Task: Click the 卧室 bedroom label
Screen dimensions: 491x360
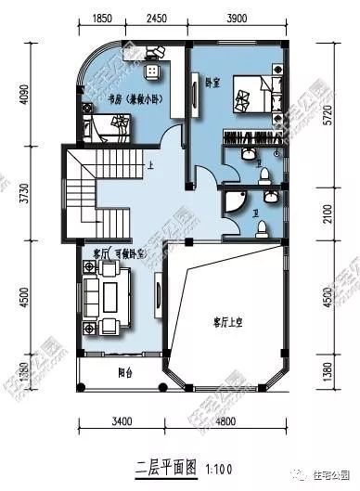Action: [212, 82]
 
